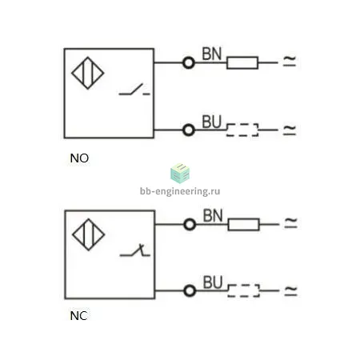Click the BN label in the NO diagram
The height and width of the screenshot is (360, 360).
[x=212, y=54]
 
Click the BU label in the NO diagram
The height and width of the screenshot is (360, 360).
[x=212, y=122]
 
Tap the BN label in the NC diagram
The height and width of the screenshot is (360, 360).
[x=213, y=215]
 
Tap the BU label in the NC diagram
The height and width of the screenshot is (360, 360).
[x=213, y=282]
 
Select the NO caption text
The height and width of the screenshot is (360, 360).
[x=79, y=158]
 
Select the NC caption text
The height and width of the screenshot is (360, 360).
[x=78, y=316]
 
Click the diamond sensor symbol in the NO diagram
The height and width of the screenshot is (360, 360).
[x=88, y=73]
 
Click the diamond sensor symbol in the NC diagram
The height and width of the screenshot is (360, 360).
[x=89, y=234]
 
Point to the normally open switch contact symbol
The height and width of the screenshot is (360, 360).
[x=134, y=90]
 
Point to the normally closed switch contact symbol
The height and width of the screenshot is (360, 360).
[x=135, y=251]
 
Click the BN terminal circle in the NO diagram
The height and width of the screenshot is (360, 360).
[x=189, y=63]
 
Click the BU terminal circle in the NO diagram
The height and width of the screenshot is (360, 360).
[x=189, y=130]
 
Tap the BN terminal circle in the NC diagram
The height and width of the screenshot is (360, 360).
[x=190, y=225]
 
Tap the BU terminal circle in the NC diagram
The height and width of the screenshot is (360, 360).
[x=190, y=290]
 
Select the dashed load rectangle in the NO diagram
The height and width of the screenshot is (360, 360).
[x=242, y=124]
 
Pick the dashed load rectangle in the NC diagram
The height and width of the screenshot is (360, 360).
[x=243, y=285]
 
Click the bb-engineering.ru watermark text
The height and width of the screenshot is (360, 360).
[x=180, y=191]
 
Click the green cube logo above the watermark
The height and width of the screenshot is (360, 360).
[x=180, y=174]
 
